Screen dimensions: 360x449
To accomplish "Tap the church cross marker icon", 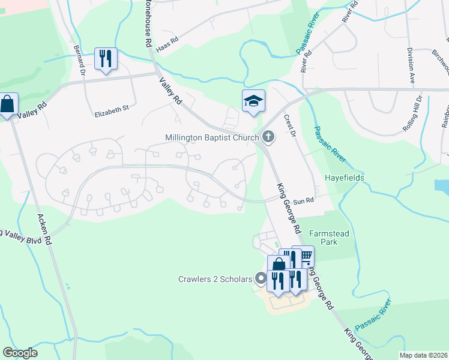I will [268, 138].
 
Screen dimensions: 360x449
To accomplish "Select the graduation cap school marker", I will [253, 101].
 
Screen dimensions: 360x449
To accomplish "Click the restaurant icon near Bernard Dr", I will [106, 59].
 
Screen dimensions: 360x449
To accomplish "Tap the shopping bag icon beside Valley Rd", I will [7, 105].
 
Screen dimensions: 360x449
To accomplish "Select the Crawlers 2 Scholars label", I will [214, 278].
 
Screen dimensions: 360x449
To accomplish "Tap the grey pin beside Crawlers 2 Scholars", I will [261, 278].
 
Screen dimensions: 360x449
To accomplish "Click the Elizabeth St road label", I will [112, 109].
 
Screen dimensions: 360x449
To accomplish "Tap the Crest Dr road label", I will [290, 126].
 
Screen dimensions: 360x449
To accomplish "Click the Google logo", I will [20, 353].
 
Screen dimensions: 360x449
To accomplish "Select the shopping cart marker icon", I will [304, 256].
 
